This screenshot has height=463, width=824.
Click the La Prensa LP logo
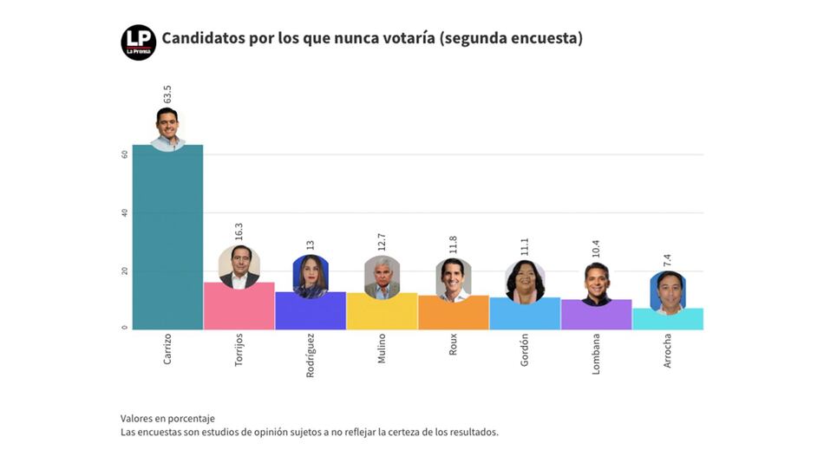[139, 42]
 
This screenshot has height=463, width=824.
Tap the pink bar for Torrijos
[239, 307]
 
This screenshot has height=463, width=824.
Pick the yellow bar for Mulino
[382, 312]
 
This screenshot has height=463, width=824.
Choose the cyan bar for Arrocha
[668, 319]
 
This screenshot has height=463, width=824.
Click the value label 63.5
[167, 94]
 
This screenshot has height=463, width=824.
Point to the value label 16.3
[239, 231]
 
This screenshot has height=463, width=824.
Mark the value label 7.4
[668, 258]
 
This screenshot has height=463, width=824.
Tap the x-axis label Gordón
[525, 349]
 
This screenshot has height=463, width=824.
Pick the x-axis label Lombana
[596, 351]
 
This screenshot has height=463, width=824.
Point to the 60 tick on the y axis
[125, 154]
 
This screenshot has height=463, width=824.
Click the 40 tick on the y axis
[125, 212]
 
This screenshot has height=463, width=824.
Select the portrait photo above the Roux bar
[453, 279]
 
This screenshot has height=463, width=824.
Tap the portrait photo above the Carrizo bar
[167, 128]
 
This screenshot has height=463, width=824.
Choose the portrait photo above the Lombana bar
[596, 284]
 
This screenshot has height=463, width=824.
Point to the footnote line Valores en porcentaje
[167, 418]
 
